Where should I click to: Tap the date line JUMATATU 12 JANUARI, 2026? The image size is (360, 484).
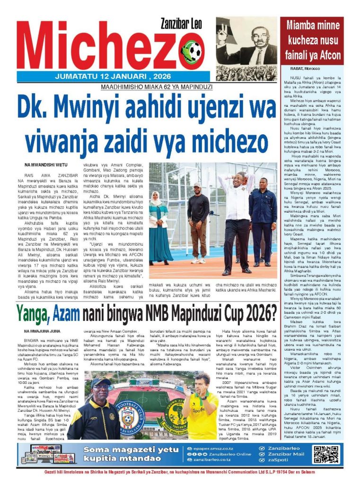[109, 77]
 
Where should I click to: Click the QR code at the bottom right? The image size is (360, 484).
[325, 454]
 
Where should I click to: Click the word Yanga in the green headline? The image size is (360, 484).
[36, 313]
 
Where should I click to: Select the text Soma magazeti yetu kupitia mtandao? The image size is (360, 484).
[124, 454]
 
